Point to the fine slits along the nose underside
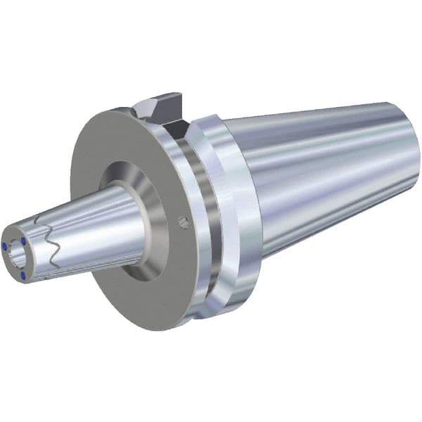coord(77,264)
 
